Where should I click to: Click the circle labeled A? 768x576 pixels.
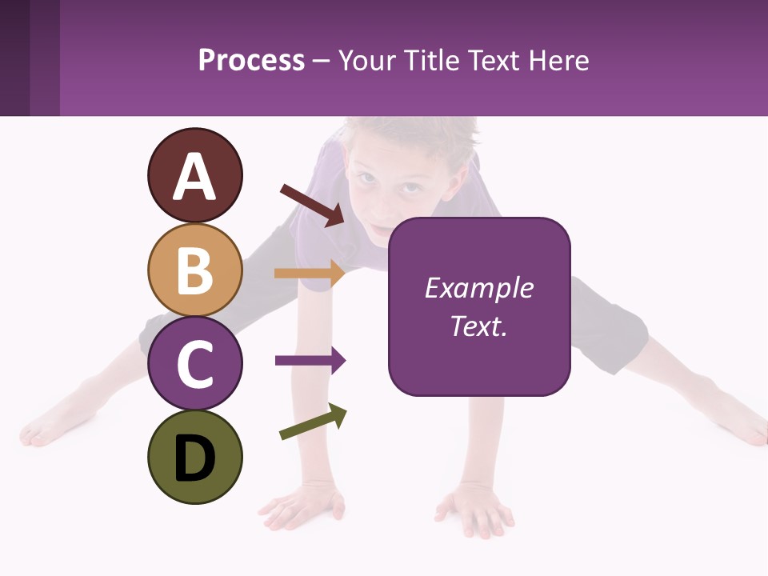(x=194, y=175)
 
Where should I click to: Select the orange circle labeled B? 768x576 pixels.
(x=194, y=270)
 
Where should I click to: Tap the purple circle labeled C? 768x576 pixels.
(x=194, y=363)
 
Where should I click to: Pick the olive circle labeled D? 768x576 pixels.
(x=194, y=457)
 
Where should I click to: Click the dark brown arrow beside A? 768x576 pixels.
(x=312, y=205)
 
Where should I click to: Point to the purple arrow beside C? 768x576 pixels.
(x=310, y=361)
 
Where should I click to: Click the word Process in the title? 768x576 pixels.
(x=251, y=60)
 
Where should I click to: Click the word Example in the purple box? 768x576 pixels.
(x=478, y=288)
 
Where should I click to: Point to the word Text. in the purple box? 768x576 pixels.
(x=478, y=326)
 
